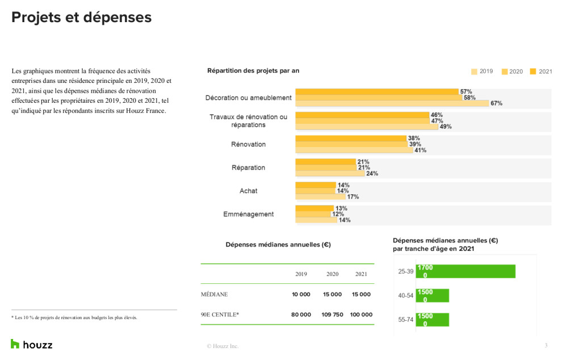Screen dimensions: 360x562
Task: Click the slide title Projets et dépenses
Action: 81,18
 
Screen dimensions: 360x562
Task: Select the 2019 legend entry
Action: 482,72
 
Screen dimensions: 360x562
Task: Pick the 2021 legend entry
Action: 541,72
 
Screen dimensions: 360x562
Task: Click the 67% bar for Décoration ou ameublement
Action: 392,103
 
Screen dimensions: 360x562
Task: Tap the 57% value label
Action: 465,91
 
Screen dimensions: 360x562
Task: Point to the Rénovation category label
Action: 248,144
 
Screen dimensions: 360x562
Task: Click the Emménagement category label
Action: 248,214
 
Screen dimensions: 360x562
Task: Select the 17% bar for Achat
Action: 320,197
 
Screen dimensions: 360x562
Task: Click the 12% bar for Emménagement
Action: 313,214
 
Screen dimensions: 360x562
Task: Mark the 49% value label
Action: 445,127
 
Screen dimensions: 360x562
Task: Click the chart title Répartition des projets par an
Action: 253,71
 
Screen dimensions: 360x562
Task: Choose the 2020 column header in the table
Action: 332,274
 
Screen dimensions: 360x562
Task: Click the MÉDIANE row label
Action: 214,295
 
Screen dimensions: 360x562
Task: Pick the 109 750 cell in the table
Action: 332,315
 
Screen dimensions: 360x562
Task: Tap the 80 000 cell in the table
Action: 301,315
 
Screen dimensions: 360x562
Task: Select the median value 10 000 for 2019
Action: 301,295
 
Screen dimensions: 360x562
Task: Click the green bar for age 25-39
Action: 465,271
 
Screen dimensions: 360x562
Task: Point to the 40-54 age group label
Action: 405,296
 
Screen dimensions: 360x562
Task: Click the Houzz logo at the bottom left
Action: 32,344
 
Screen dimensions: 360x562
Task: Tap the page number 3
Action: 546,345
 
